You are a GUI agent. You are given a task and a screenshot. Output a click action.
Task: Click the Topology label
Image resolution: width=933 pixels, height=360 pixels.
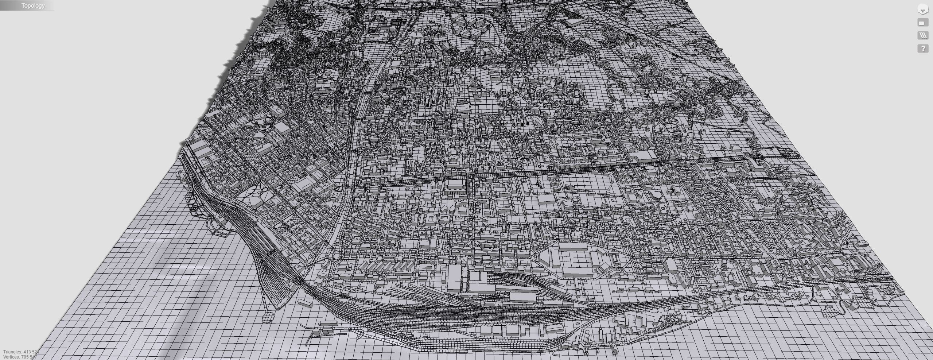tap(33, 5)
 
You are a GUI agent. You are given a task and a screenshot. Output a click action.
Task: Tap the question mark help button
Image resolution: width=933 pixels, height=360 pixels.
tap(923, 49)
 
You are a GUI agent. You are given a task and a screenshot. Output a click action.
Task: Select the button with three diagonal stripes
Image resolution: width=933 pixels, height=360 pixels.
tap(923, 35)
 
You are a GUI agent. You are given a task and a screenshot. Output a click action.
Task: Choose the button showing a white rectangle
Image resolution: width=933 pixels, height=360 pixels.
tap(923, 23)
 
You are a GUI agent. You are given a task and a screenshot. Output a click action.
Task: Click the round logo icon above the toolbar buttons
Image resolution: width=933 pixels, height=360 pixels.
tap(923, 9)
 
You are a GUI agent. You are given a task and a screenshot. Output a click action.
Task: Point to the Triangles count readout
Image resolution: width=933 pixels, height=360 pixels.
tap(20, 352)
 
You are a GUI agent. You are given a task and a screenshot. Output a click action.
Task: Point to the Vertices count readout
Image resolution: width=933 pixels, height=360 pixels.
tap(20, 357)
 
